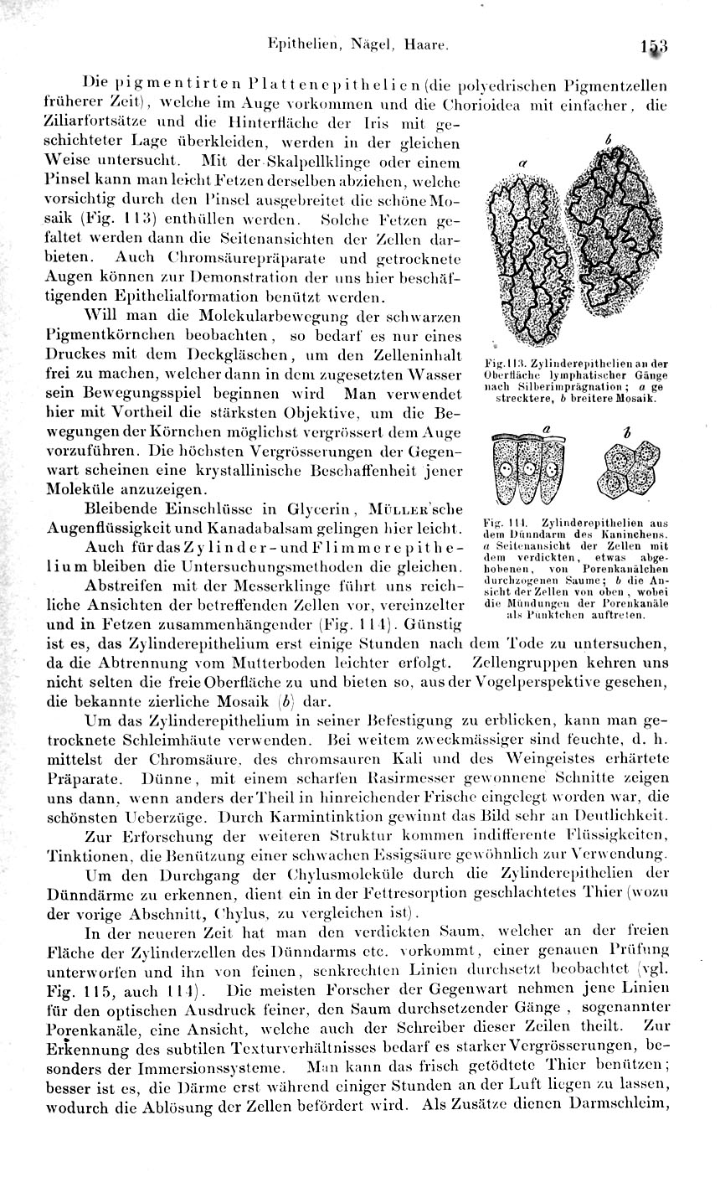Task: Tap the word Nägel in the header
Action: (342, 47)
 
